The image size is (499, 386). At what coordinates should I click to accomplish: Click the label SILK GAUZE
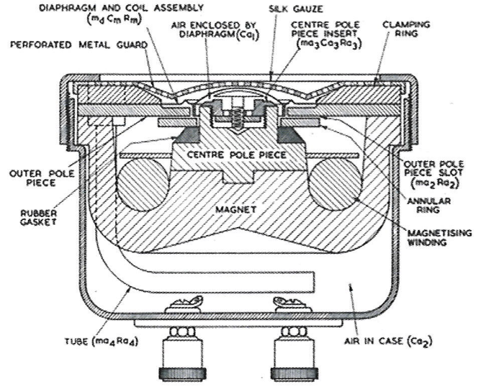pyautogui.click(x=296, y=8)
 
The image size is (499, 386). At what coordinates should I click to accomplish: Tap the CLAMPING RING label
pyautogui.click(x=406, y=29)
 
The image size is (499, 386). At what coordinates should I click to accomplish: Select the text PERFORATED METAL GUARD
pyautogui.click(x=79, y=45)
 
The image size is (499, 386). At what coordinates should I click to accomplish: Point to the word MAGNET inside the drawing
pyautogui.click(x=235, y=209)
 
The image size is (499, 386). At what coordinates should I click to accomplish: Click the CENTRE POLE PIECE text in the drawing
pyautogui.click(x=236, y=155)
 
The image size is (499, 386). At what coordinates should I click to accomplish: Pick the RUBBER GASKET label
pyautogui.click(x=38, y=217)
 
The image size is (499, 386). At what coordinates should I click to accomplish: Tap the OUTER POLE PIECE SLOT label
pyautogui.click(x=434, y=174)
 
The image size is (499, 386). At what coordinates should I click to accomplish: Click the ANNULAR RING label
pyautogui.click(x=428, y=206)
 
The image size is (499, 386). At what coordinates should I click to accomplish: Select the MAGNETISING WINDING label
pyautogui.click(x=439, y=237)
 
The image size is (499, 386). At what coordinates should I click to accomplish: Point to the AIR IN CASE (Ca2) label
pyautogui.click(x=388, y=341)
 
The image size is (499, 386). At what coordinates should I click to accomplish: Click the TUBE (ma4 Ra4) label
pyautogui.click(x=102, y=342)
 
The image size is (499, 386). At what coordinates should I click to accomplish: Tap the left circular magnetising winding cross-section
pyautogui.click(x=143, y=185)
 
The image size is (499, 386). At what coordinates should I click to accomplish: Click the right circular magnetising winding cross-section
pyautogui.click(x=336, y=185)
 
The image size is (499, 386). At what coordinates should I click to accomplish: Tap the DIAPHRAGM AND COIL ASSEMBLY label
pyautogui.click(x=121, y=8)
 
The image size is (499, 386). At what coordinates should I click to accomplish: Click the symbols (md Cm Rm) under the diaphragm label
pyautogui.click(x=114, y=19)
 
